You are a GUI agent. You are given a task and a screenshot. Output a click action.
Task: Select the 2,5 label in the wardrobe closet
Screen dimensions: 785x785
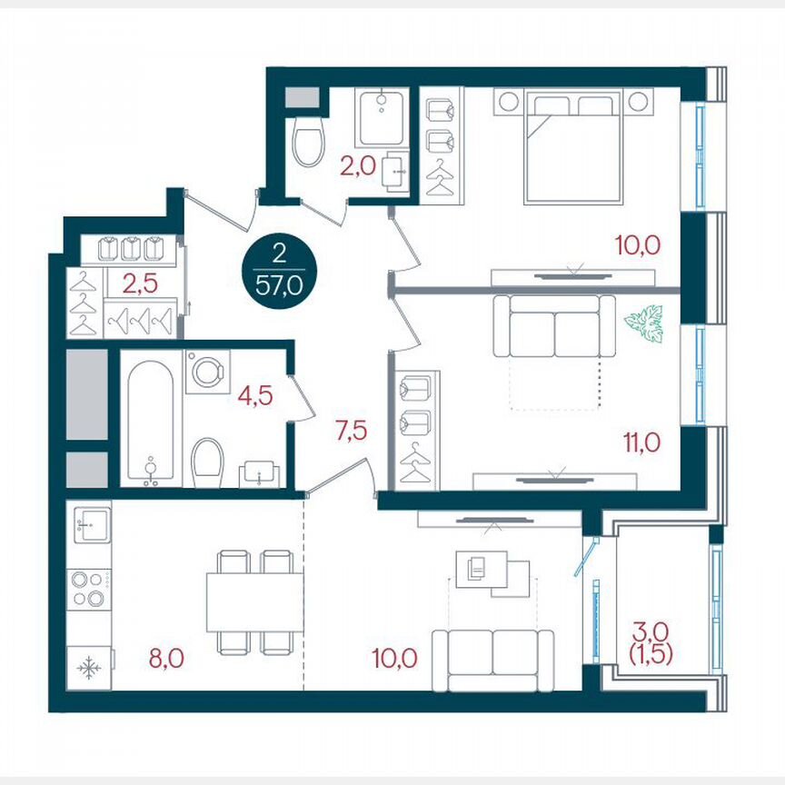(x=140, y=282)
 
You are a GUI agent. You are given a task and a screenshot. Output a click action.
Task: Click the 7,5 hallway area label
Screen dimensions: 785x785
(x=350, y=432)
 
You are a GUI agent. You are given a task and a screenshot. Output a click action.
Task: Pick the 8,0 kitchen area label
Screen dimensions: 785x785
(x=166, y=656)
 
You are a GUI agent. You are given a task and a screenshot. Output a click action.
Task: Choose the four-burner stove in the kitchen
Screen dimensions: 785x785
(x=90, y=587)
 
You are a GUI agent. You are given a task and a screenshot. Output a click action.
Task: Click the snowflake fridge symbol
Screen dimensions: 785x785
(x=89, y=670)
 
